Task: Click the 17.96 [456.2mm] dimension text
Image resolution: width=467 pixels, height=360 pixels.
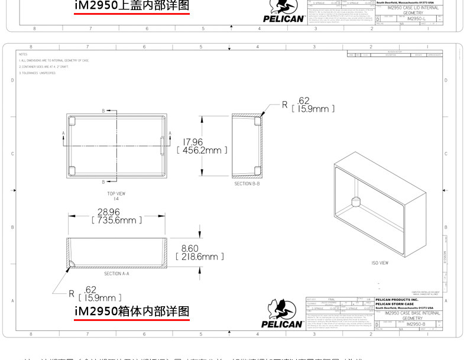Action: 199,146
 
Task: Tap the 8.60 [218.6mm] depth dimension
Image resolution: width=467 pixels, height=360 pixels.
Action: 200,252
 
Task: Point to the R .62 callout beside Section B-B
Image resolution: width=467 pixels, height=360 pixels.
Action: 307,105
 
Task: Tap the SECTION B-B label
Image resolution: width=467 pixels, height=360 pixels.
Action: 247,184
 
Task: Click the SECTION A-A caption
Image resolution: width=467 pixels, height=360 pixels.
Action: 116,274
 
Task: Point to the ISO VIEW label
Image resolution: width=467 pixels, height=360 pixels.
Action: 380,263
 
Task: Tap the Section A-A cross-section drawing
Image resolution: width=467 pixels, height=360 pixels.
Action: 117,252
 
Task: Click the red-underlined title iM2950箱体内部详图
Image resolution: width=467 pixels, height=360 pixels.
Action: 132,311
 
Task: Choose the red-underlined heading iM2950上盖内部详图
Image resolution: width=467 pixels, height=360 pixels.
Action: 132,7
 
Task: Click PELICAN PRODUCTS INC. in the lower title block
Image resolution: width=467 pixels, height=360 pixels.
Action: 397,300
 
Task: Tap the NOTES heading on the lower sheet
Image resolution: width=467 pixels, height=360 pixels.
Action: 23,54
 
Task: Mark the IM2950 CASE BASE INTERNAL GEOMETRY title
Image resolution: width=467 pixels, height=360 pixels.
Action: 408,315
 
